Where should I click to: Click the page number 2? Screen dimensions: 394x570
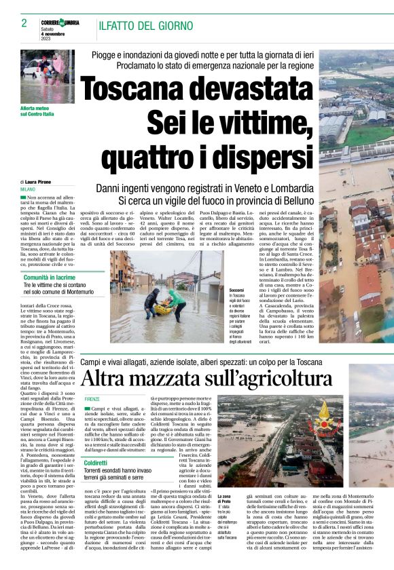coord(24,23)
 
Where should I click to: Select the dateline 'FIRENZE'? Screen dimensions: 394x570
coord(92,398)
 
